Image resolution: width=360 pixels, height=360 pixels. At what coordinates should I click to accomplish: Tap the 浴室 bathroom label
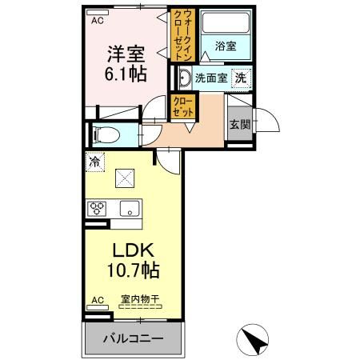(x=225, y=47)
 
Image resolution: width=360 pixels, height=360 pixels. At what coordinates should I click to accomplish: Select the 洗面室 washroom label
(x=210, y=78)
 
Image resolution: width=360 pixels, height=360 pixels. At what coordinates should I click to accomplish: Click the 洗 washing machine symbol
(x=239, y=78)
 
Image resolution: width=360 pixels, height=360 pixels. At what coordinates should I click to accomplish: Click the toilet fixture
(x=104, y=134)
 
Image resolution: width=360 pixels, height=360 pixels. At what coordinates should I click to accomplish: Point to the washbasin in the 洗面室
(x=183, y=78)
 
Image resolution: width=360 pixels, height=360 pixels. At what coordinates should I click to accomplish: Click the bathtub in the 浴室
(x=225, y=24)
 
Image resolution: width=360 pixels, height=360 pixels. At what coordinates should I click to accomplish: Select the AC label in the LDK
(x=97, y=300)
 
